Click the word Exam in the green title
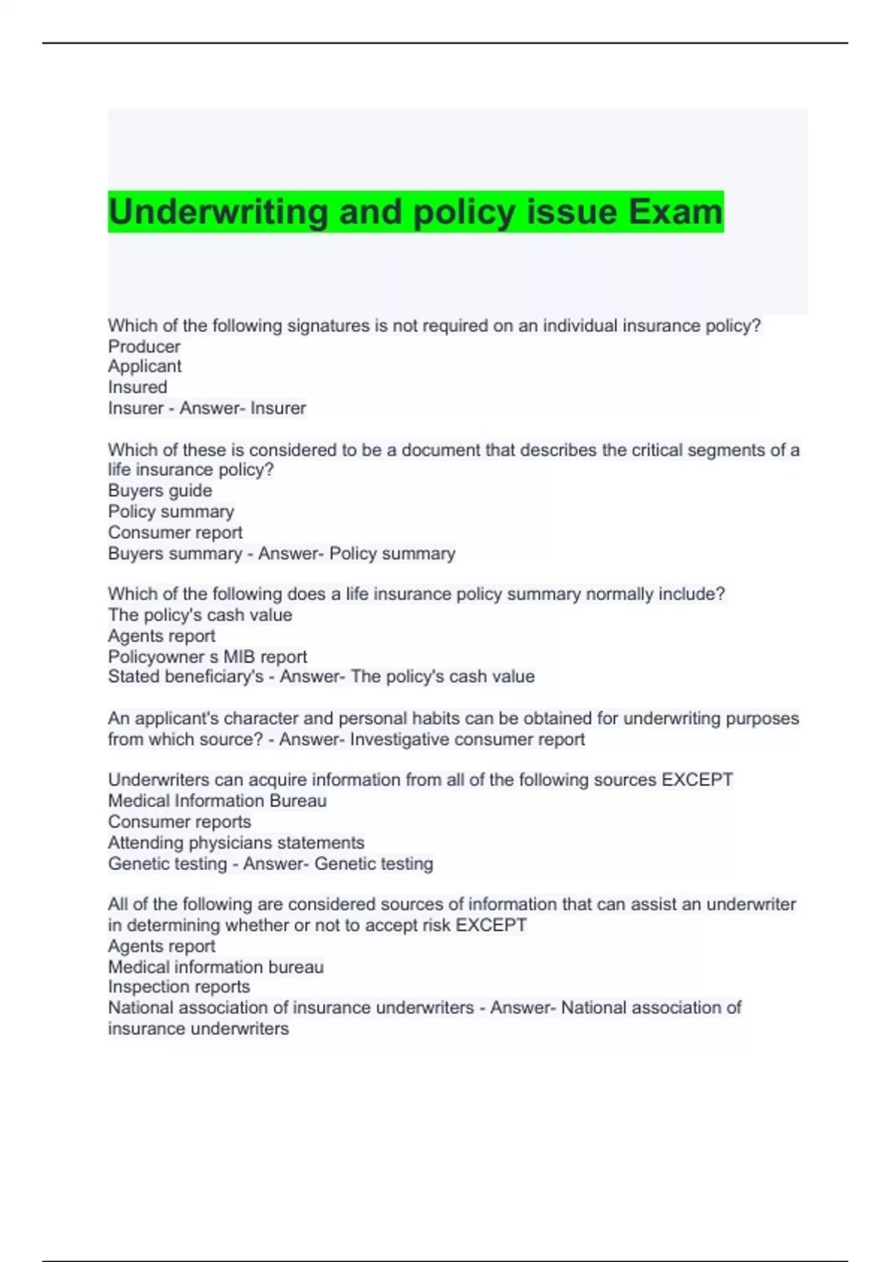tap(675, 212)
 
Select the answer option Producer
tap(144, 347)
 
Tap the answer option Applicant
tap(145, 367)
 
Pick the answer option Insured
tap(137, 388)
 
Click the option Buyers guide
tap(160, 491)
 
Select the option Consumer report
tap(175, 533)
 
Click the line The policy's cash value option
tap(200, 615)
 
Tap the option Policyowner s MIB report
tap(207, 657)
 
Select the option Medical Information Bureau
tap(217, 801)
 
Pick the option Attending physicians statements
tap(236, 843)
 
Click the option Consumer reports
tap(180, 822)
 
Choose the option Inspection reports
tap(179, 987)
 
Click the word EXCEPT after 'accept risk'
tap(491, 926)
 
